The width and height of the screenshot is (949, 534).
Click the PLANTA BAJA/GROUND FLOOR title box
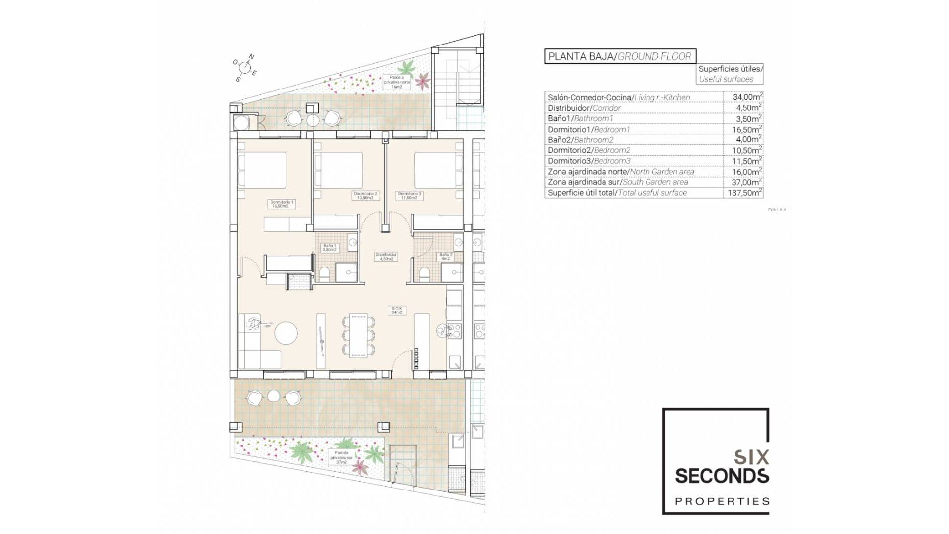(620, 56)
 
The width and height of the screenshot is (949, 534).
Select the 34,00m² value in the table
(747, 97)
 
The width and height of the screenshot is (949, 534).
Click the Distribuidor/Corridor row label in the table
(584, 108)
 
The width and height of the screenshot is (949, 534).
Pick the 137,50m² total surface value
(744, 193)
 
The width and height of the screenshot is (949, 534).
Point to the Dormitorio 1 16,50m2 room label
(282, 204)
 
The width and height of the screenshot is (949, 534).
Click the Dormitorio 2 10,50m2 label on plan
(365, 196)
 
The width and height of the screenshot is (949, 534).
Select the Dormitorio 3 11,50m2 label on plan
(409, 196)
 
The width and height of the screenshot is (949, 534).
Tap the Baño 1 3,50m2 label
(329, 248)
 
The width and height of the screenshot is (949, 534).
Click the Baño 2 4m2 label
(446, 257)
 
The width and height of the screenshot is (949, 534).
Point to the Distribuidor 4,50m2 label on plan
(386, 257)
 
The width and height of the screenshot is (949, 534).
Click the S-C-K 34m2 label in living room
(397, 310)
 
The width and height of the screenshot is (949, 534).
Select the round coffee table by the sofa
(287, 333)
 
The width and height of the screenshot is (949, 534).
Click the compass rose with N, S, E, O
(244, 68)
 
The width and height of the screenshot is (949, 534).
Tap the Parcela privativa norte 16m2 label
(396, 82)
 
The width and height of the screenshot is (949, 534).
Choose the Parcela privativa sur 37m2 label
(341, 457)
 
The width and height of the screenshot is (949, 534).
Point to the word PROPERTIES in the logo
(722, 501)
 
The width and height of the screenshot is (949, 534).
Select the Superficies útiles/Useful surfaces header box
(730, 74)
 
